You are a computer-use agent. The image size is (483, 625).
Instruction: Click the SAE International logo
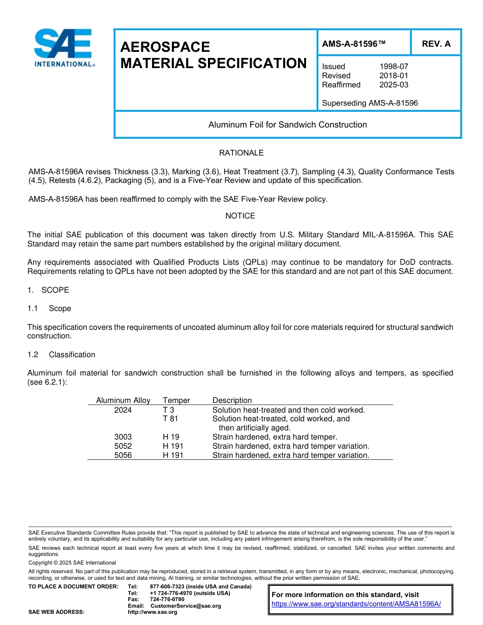click(63, 48)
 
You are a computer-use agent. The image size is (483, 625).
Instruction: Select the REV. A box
click(436, 44)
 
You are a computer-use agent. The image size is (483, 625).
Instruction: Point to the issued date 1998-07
click(394, 67)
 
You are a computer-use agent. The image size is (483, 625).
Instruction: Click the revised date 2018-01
click(394, 76)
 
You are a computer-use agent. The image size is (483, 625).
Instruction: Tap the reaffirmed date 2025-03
click(394, 85)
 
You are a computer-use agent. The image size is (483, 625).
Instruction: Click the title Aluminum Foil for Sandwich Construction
click(287, 125)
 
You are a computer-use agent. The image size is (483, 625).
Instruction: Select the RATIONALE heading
click(241, 153)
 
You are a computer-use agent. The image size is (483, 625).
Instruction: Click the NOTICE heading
click(240, 216)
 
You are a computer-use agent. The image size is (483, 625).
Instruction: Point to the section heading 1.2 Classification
click(61, 355)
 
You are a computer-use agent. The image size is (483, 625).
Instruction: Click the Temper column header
click(176, 400)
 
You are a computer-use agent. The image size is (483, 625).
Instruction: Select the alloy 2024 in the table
click(123, 410)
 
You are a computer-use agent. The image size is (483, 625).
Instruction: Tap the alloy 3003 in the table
click(123, 437)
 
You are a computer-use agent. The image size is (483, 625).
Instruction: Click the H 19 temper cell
click(171, 437)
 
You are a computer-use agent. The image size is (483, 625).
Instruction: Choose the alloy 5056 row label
click(123, 455)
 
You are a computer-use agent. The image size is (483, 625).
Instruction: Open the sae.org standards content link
click(356, 604)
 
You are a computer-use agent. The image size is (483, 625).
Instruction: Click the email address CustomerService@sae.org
click(186, 606)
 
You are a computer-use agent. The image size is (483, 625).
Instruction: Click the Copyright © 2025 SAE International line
click(72, 562)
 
